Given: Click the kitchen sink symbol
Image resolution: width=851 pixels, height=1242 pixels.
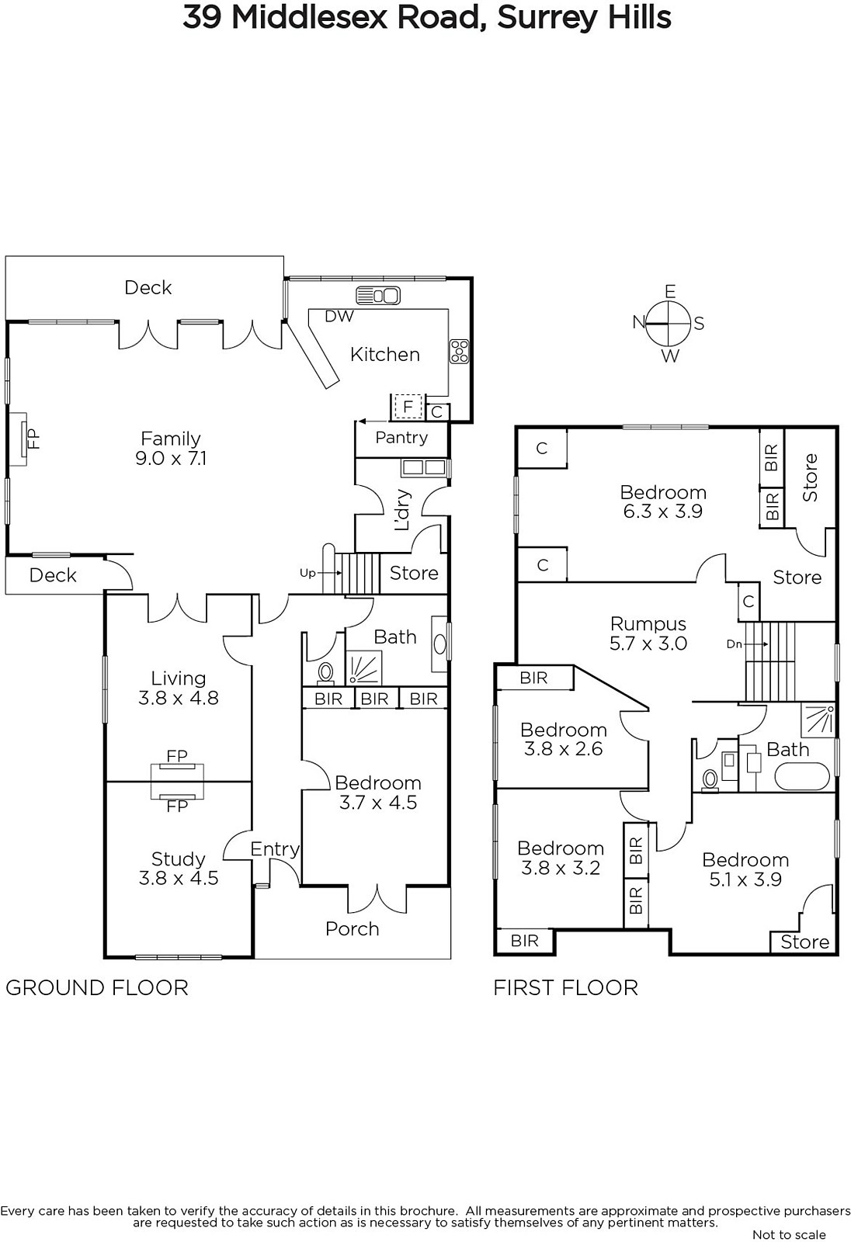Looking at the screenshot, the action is click(378, 296).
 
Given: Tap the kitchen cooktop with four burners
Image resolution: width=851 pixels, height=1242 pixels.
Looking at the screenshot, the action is click(460, 352).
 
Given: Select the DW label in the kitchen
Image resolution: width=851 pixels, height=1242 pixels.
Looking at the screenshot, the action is click(339, 316).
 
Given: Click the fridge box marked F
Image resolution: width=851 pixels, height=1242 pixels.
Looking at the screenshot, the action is click(408, 407).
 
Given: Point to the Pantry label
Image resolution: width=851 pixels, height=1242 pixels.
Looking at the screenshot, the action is click(401, 438).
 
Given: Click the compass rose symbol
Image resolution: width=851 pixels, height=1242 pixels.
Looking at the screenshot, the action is click(669, 323).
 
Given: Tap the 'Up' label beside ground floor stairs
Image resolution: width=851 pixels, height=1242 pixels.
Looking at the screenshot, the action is click(307, 574).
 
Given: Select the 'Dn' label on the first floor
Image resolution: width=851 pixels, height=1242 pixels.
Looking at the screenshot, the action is click(734, 644).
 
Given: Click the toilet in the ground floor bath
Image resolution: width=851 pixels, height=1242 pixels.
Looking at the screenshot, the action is click(325, 672).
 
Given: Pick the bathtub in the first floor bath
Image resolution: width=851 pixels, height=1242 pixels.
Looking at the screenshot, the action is click(801, 776).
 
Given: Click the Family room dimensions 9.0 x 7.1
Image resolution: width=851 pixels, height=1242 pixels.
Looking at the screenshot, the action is click(171, 459).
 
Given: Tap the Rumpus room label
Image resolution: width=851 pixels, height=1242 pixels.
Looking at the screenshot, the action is click(648, 624).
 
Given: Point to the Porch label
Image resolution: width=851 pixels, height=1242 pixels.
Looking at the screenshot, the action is click(353, 928).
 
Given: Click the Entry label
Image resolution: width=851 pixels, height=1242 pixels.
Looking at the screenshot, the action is click(275, 849).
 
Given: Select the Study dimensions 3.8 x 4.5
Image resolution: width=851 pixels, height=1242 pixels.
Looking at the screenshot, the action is click(178, 878).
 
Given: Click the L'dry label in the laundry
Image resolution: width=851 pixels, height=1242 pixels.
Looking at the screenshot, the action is click(402, 509).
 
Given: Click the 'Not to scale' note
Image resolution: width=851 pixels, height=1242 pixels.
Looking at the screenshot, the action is click(789, 1235).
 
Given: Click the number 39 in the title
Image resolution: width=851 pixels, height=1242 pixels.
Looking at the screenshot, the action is click(203, 18).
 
